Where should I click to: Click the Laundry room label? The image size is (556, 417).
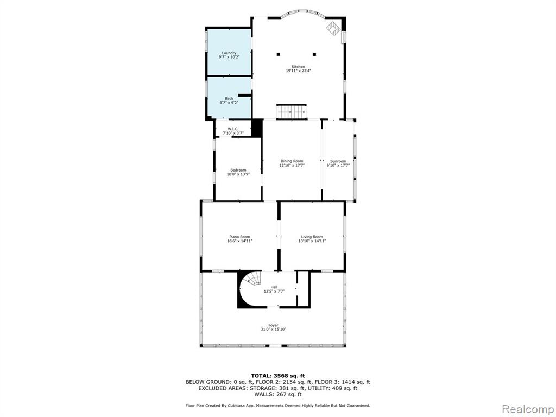[229, 53]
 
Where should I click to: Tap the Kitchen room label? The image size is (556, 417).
[298, 67]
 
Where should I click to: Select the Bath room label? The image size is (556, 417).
[229, 99]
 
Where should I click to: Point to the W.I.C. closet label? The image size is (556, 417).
[233, 129]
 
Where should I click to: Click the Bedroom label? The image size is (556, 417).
[238, 170]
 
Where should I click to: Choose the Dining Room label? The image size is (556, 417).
[292, 161]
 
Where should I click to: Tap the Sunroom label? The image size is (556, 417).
[338, 161]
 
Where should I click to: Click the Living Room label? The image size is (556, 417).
[312, 237]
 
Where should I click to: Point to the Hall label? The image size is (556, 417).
[274, 287]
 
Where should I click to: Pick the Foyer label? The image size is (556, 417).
[273, 325]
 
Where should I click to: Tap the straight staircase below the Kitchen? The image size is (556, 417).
[291, 112]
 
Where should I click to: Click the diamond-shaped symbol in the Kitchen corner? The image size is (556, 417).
[333, 28]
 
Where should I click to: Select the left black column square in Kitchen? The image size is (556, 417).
[279, 55]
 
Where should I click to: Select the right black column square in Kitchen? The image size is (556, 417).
[314, 55]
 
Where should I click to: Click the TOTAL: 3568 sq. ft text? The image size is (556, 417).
[278, 376]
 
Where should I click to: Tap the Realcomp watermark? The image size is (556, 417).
[527, 409]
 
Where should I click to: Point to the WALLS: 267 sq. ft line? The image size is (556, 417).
[278, 394]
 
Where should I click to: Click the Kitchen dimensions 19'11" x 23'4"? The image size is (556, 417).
[298, 71]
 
